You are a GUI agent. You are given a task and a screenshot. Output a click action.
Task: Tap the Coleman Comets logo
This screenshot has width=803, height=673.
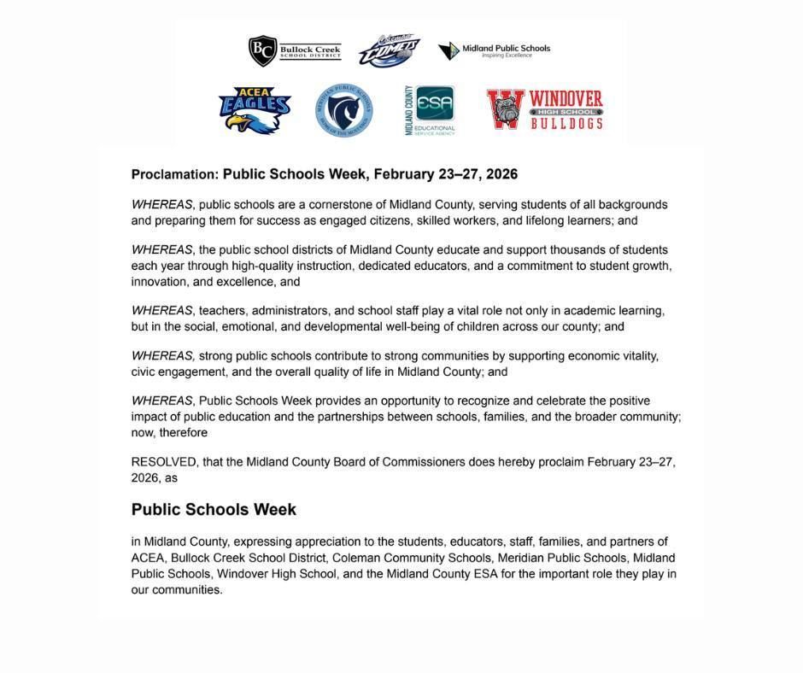click(389, 50)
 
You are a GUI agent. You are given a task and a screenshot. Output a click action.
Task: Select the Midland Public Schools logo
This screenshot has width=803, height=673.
click(495, 50)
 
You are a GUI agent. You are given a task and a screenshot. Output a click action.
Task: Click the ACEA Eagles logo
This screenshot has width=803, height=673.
click(254, 109)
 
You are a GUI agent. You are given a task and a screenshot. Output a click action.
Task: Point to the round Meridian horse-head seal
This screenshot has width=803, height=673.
click(343, 110)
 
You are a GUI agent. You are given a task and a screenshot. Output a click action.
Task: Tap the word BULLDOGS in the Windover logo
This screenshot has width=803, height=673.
click(566, 123)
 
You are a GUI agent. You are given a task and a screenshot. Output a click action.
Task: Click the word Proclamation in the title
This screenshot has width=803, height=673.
click(175, 174)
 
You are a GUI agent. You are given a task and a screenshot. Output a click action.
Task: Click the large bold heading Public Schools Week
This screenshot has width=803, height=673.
click(214, 510)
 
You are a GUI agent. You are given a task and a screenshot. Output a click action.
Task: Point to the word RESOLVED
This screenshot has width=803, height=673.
click(163, 462)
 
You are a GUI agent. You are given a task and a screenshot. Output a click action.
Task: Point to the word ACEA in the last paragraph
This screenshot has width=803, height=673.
click(147, 558)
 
